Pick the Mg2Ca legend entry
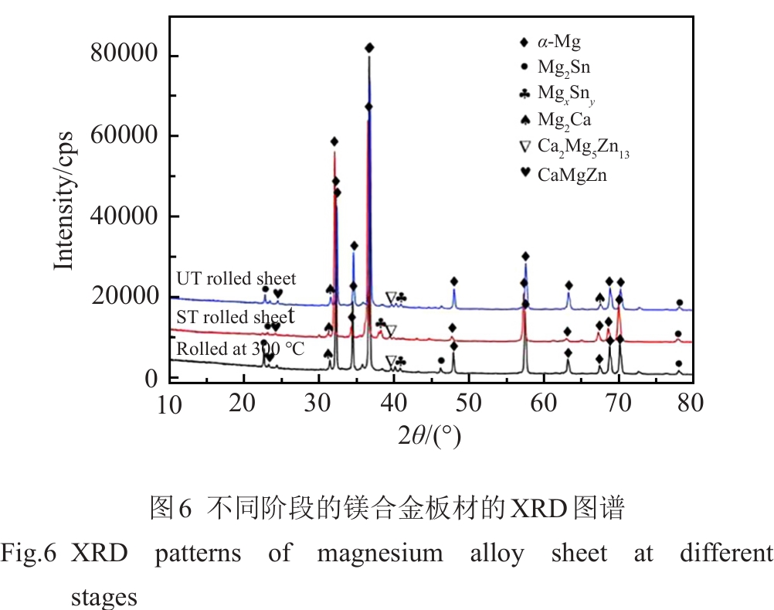[565, 120]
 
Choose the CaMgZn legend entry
[572, 175]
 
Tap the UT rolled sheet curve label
[236, 278]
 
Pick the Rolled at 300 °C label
[240, 349]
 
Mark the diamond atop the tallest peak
[369, 48]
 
